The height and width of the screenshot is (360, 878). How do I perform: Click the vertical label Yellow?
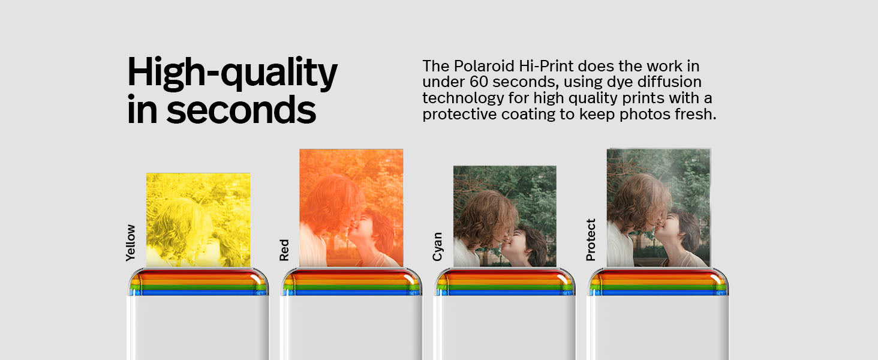130,242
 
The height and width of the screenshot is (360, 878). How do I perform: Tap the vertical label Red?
284,250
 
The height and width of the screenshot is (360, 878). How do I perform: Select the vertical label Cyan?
437,246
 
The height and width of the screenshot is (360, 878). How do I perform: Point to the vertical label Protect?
591,239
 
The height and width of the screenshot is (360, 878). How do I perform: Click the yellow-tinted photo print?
198,220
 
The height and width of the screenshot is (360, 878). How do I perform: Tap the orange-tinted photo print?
351,208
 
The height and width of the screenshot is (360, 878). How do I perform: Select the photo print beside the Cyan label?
504,216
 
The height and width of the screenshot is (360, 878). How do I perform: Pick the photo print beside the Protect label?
658,208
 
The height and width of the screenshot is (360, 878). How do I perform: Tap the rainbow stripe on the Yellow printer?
198,283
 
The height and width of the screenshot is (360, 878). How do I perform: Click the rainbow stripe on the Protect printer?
658,283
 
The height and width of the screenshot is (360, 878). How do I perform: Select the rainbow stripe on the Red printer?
351,283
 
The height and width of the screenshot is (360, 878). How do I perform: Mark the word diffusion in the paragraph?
673,82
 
